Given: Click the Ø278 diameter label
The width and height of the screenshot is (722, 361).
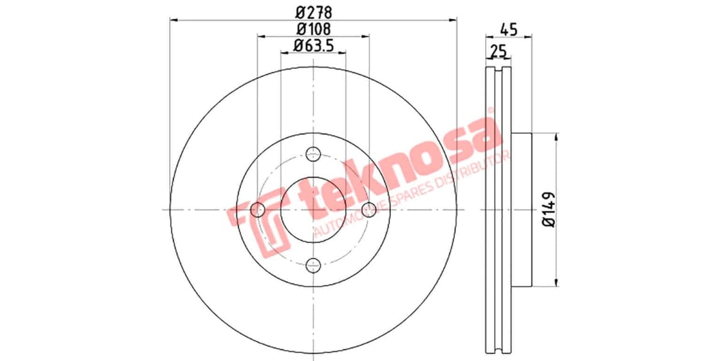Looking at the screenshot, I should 313,11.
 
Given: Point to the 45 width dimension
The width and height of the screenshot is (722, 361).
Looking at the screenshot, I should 509,28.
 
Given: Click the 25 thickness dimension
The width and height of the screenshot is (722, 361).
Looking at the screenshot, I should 498,51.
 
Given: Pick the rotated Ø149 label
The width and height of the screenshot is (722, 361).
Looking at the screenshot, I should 548,209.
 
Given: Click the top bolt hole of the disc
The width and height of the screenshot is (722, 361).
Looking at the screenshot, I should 313,153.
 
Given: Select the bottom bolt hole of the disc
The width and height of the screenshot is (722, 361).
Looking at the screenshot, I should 313,265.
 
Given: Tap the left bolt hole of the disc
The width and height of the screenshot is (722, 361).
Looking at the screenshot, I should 258,209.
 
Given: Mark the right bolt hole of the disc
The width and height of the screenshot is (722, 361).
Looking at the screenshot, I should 369,209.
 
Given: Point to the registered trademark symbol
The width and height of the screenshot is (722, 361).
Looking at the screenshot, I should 490,111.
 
